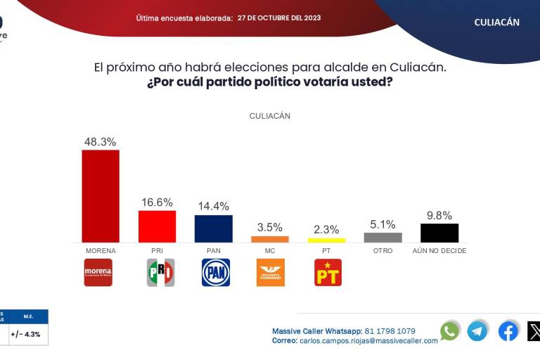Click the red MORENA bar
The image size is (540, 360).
coord(101,196)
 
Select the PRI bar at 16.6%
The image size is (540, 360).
coord(157,226)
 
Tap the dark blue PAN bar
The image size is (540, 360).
coord(213,229)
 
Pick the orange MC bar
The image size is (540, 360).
coord(270,239)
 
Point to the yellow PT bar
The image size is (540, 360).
coord(326,240)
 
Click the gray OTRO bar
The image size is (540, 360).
coord(383,238)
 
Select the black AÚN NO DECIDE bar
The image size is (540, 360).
coord(439,233)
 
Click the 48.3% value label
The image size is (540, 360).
coord(100,141)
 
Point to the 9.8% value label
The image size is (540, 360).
coord(439,216)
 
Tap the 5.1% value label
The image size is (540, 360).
coord(383,225)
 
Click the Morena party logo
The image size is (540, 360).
coord(98,272)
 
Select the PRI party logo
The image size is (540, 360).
coord(160,272)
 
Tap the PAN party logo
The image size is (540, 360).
coord(216,272)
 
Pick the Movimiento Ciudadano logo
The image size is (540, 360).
coord(271,272)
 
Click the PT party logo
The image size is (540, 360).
coord(328,272)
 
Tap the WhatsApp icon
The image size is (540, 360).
coord(450,330)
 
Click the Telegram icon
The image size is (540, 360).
coord(477,330)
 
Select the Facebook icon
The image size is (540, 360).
coord(508,330)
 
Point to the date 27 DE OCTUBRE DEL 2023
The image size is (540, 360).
coord(279,18)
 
